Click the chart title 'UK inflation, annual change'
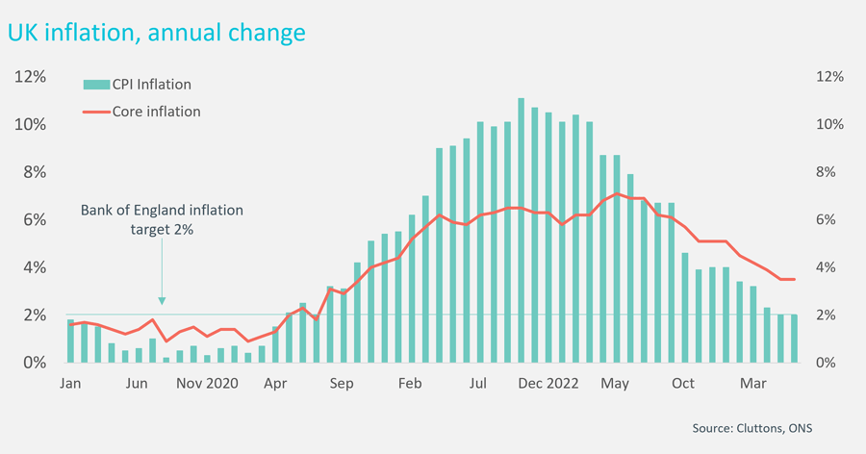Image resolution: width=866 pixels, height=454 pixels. pyautogui.click(x=157, y=33)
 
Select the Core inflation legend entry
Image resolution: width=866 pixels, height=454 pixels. pyautogui.click(x=156, y=112)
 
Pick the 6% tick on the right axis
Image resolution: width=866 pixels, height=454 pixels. pyautogui.click(x=828, y=220)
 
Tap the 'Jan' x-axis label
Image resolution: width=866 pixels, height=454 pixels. pyautogui.click(x=70, y=383)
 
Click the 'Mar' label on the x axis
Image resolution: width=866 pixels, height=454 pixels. pyautogui.click(x=751, y=383)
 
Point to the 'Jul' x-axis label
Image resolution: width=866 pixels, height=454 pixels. pyautogui.click(x=479, y=383)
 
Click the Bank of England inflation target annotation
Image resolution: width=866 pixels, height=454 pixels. pyautogui.click(x=162, y=219)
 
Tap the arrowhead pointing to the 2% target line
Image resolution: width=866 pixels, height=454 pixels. pyautogui.click(x=162, y=300)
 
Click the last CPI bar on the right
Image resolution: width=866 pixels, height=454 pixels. pyautogui.click(x=794, y=339)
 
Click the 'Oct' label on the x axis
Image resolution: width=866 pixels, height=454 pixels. pyautogui.click(x=683, y=383)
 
